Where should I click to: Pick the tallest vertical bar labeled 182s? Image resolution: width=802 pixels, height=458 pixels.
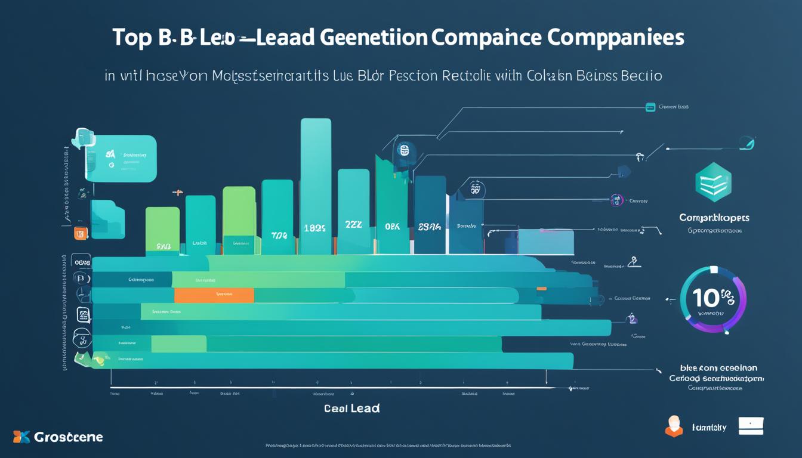(316, 179)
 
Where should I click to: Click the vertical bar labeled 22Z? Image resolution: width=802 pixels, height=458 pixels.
(353, 209)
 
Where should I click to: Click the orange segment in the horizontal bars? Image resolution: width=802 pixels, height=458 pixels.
(214, 295)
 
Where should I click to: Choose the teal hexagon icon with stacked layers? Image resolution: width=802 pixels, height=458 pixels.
(713, 183)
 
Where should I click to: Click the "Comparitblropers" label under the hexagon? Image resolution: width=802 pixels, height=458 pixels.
(714, 218)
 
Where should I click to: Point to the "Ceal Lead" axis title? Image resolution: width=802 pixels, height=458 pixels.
(352, 409)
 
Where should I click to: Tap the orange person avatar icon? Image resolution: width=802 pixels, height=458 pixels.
(674, 426)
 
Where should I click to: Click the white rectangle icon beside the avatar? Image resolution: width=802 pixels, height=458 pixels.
(751, 426)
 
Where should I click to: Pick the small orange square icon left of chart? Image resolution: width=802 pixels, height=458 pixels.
(81, 233)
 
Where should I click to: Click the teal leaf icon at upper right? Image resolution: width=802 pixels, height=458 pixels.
(747, 143)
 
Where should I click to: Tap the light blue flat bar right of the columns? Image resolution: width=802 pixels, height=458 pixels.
(545, 242)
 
